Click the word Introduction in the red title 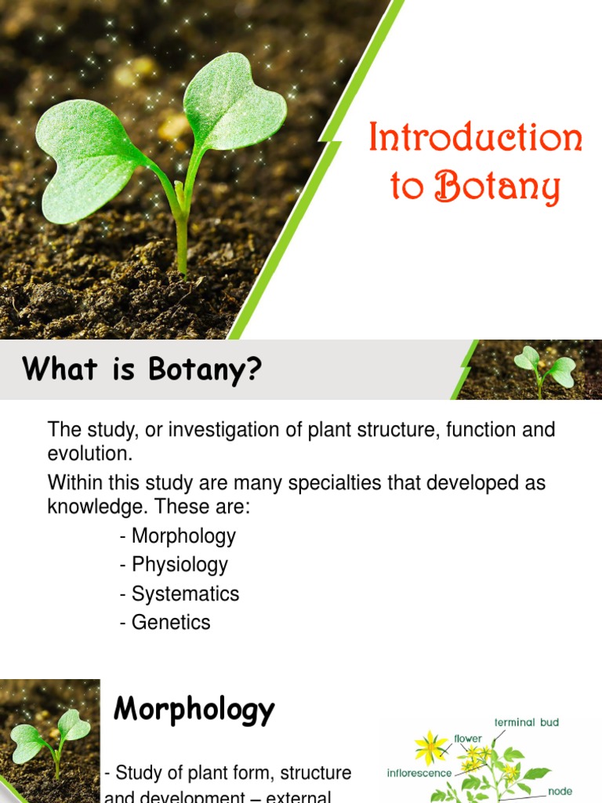coord(476,140)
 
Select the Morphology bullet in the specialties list coord(183,536)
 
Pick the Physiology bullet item coord(180,565)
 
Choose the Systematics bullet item coord(185,594)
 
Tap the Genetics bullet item coord(171,623)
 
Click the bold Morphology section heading coord(194,710)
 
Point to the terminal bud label coord(527,722)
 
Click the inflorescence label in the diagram coord(419,773)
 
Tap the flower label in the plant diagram coord(468,739)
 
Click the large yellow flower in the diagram coord(430,747)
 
